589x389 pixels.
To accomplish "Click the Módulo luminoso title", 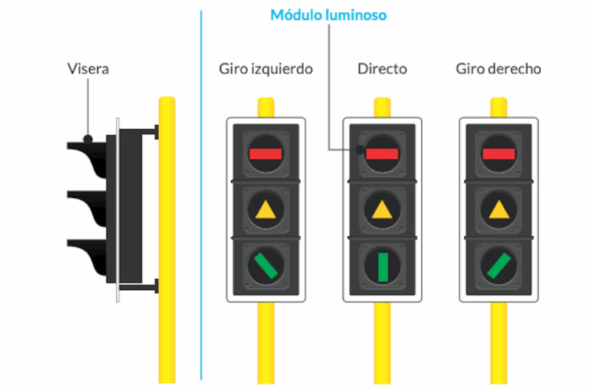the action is (x=328, y=15).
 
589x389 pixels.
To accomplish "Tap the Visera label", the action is (x=88, y=69).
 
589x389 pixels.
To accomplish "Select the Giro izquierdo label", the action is (x=266, y=69).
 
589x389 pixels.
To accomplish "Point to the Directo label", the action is (x=382, y=69).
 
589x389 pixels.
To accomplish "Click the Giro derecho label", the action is (x=498, y=69).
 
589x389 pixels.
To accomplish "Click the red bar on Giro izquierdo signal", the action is (x=266, y=154).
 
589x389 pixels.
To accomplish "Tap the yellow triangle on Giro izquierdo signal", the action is (x=266, y=210).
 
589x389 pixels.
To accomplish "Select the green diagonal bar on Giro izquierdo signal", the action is (x=266, y=266).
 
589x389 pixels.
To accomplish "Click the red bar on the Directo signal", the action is (x=382, y=154).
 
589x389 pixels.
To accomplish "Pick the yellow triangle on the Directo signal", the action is (x=382, y=210).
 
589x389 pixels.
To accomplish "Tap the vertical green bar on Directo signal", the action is (x=383, y=267).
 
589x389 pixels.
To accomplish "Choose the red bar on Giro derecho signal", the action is (x=498, y=154).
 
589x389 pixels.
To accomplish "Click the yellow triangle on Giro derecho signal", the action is (x=499, y=210).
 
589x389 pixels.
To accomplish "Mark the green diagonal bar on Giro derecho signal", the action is (x=499, y=266).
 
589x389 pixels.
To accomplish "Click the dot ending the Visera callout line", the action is (x=88, y=140).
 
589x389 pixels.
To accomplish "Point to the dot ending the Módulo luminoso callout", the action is (x=359, y=150).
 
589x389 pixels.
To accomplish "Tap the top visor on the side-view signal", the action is (x=87, y=157).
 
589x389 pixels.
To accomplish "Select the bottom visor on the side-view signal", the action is (x=87, y=257).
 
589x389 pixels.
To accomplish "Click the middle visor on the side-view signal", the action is (x=87, y=207).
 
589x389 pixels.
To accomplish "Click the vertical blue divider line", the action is (x=201, y=195).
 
